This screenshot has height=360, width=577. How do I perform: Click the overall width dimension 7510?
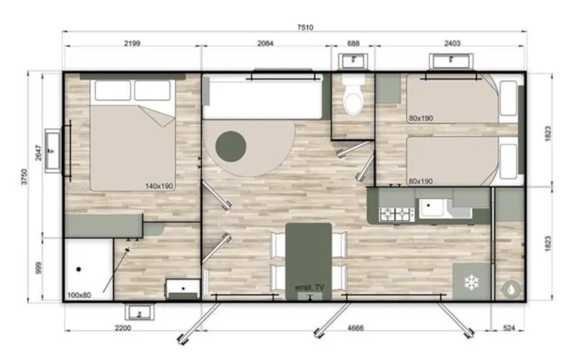click(x=295, y=27)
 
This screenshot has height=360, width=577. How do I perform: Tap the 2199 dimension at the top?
click(x=132, y=43)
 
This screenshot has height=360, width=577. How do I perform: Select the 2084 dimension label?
click(x=266, y=43)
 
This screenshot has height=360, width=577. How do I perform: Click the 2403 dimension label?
click(x=452, y=43)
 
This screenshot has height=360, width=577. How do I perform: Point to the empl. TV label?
click(x=309, y=288)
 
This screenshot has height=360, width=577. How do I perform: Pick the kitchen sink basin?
click(x=433, y=209)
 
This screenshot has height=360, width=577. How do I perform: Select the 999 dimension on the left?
click(x=38, y=268)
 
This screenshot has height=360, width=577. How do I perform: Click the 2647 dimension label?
click(x=38, y=154)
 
